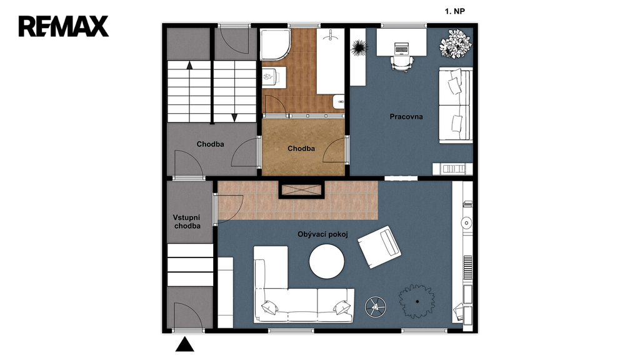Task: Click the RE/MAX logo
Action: tap(64, 26)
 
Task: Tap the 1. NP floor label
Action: tap(455, 11)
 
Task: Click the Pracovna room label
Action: tap(406, 117)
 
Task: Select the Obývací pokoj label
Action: tap(322, 234)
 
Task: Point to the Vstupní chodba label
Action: tap(187, 222)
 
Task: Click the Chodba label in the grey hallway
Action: tap(210, 144)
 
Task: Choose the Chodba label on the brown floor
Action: tap(301, 149)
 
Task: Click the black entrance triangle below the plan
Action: tap(185, 345)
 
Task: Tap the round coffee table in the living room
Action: tap(326, 262)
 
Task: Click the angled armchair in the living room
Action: tap(379, 247)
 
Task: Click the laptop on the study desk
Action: tap(402, 48)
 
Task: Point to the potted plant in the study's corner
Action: tap(456, 44)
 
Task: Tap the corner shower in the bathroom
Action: tap(276, 45)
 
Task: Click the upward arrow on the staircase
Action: tap(189, 65)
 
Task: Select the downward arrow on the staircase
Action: tap(234, 117)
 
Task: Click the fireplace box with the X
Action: tap(301, 190)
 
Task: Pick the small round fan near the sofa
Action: tap(376, 307)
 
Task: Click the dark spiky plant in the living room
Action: tap(417, 301)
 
